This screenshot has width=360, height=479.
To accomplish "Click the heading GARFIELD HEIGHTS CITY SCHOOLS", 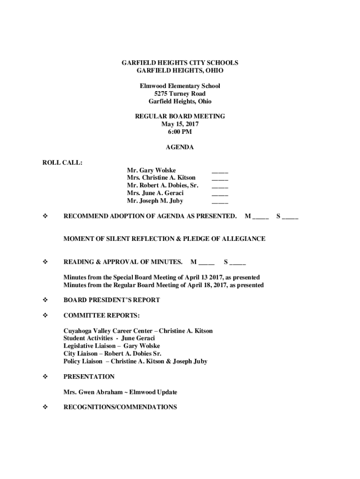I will click(x=180, y=63).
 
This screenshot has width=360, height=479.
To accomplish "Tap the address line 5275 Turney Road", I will click(x=180, y=94).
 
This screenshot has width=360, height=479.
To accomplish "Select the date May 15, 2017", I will click(x=180, y=124).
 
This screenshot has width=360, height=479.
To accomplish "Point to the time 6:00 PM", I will click(x=180, y=131).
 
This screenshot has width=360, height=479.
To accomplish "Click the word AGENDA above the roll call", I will click(x=180, y=147).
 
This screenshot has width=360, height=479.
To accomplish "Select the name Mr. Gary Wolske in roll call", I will click(x=151, y=170).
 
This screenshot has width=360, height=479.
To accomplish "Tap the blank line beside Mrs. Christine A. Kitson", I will click(x=220, y=178).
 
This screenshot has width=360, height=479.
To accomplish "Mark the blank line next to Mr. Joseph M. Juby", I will click(x=220, y=201).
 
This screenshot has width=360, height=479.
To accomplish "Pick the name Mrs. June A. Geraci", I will click(x=155, y=193).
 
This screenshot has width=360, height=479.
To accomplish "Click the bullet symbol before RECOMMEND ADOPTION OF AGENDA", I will click(x=45, y=216).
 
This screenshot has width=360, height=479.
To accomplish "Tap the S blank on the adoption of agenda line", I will click(x=290, y=217).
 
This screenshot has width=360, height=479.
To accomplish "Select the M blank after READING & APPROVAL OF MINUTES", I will click(x=206, y=262).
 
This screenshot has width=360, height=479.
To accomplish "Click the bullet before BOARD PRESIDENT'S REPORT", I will click(x=45, y=300).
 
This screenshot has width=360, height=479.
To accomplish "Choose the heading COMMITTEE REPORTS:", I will click(x=101, y=315).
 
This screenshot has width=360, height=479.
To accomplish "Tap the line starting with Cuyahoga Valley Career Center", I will click(x=138, y=331).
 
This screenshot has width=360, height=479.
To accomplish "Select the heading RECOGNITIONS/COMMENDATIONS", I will click(x=120, y=407).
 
